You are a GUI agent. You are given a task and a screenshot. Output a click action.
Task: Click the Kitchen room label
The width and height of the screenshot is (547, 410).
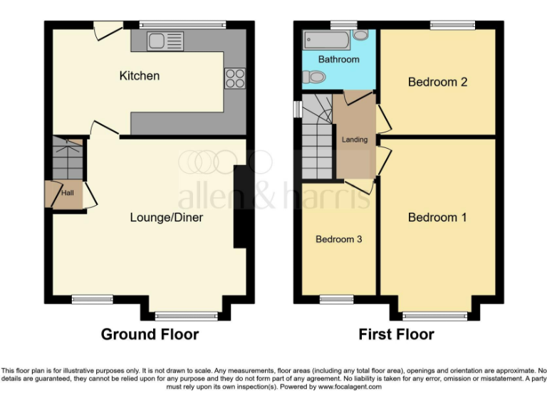tap(140, 75)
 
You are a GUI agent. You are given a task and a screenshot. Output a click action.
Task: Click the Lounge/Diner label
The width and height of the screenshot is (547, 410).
tap(166, 217)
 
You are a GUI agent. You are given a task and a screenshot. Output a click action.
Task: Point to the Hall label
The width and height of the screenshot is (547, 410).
tap(67, 192)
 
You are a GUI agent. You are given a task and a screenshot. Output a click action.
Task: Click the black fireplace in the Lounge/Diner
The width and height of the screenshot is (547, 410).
tap(241, 206)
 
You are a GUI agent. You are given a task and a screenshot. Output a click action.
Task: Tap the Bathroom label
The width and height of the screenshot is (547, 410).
tap(338, 60)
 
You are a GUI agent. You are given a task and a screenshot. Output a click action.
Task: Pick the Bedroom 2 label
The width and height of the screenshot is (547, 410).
tap(437, 82)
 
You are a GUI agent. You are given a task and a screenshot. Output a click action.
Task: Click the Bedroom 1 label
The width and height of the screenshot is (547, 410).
tap(437, 217)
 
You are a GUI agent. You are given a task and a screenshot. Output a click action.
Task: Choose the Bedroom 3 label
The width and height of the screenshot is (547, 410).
tap(339, 239)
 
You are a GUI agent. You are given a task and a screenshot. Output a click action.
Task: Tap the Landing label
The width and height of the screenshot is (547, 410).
tap(355, 140)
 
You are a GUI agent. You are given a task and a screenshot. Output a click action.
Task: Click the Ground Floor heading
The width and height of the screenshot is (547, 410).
tap(150, 334)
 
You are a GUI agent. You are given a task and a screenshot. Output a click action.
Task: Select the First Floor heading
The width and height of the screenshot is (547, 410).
tap(396, 334)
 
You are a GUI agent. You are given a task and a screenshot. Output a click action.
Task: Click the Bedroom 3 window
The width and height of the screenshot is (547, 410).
tap(337, 299)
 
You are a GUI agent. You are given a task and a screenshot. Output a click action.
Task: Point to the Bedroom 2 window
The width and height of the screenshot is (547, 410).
tap(452, 25)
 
